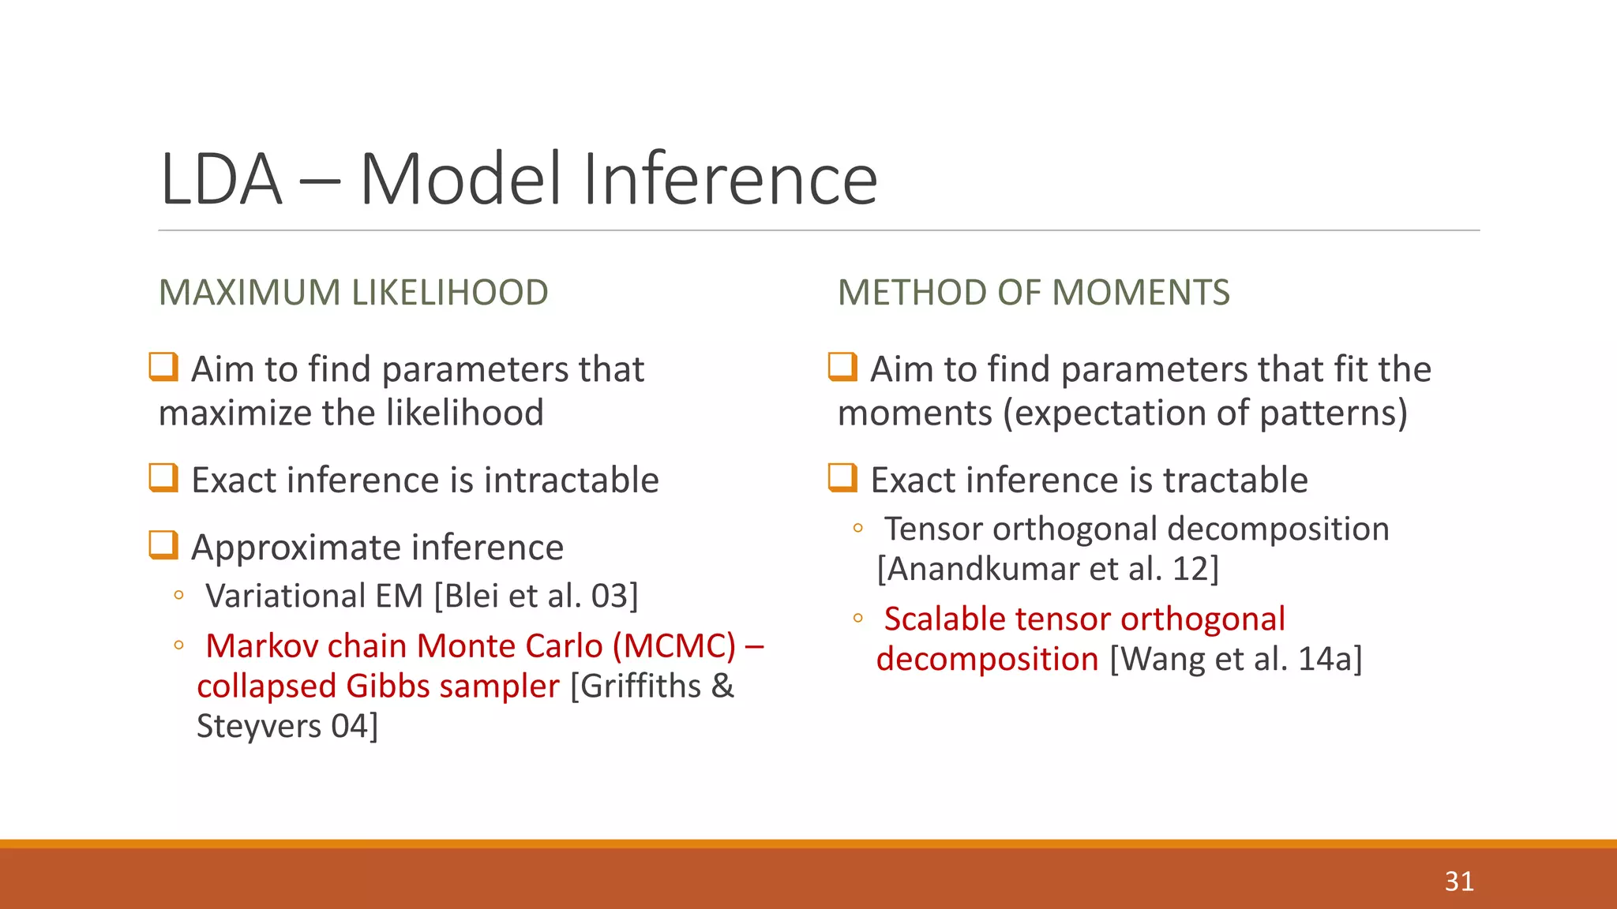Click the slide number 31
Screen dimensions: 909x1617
pyautogui.click(x=1459, y=881)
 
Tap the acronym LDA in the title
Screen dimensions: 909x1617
pyautogui.click(x=221, y=180)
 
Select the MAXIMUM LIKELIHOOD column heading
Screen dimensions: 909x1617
pyautogui.click(x=353, y=293)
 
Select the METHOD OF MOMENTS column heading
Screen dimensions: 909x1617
pyautogui.click(x=1033, y=293)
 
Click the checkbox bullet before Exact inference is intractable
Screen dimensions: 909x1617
pyautogui.click(x=163, y=478)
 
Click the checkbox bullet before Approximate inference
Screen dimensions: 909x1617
pyautogui.click(x=163, y=545)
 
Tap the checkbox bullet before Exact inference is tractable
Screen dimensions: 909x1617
pyautogui.click(x=842, y=478)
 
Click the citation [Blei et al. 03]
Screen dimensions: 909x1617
pyautogui.click(x=536, y=596)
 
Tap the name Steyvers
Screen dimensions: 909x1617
pyautogui.click(x=259, y=727)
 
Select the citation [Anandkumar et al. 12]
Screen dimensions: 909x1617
pyautogui.click(x=1048, y=569)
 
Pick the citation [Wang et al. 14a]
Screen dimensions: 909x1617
pyautogui.click(x=1236, y=660)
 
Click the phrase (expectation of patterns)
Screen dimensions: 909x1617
pyautogui.click(x=1205, y=413)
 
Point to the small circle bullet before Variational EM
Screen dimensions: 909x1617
pyautogui.click(x=179, y=596)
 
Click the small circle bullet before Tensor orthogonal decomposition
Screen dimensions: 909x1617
pyautogui.click(x=858, y=529)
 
